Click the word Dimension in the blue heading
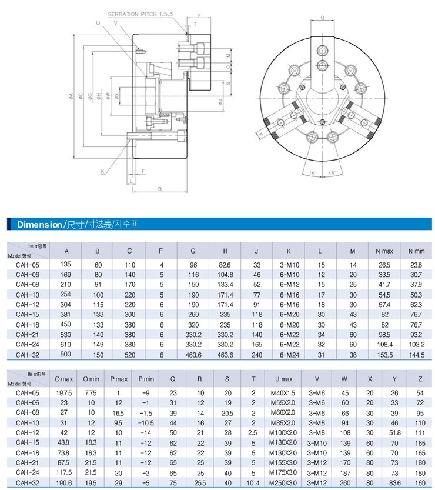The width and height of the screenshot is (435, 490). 39,225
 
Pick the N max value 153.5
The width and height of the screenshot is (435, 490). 385,354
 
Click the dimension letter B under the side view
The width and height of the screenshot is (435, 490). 159,189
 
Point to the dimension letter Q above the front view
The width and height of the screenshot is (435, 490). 322,18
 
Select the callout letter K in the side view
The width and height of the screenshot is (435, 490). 102,171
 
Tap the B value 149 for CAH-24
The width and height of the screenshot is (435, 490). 98,344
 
